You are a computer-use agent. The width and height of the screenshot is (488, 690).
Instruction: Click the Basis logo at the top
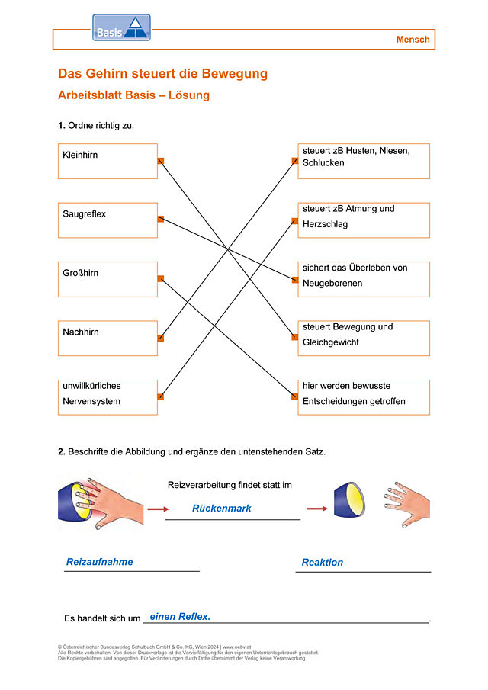121,27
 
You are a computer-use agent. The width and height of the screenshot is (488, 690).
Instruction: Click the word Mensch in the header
413,40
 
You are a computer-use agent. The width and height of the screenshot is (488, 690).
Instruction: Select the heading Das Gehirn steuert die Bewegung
163,73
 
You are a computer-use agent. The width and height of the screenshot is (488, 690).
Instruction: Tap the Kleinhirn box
108,161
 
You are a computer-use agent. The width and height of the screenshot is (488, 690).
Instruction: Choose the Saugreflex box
108,220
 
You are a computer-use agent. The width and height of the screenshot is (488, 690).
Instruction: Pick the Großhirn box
108,280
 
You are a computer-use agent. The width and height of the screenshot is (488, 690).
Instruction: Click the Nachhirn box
108,339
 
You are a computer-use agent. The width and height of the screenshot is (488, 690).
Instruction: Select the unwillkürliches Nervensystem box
108,397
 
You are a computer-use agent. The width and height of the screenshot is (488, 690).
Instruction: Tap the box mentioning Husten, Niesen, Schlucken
364,161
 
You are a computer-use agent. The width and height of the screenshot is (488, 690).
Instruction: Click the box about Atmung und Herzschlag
364,220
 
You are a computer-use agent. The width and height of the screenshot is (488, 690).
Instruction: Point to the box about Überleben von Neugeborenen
364,280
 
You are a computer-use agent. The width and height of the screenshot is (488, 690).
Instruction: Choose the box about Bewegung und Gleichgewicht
364,339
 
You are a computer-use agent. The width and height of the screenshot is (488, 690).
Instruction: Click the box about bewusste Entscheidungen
364,397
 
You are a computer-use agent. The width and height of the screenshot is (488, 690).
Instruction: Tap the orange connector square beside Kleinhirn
161,161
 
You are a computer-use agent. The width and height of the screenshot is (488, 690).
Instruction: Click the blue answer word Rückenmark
221,509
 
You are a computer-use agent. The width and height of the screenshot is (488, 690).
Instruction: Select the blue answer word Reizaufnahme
99,562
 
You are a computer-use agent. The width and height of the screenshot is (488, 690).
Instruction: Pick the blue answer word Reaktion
322,563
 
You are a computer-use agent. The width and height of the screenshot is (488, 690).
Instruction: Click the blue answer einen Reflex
180,617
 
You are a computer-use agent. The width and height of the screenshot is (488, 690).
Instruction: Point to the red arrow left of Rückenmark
158,509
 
